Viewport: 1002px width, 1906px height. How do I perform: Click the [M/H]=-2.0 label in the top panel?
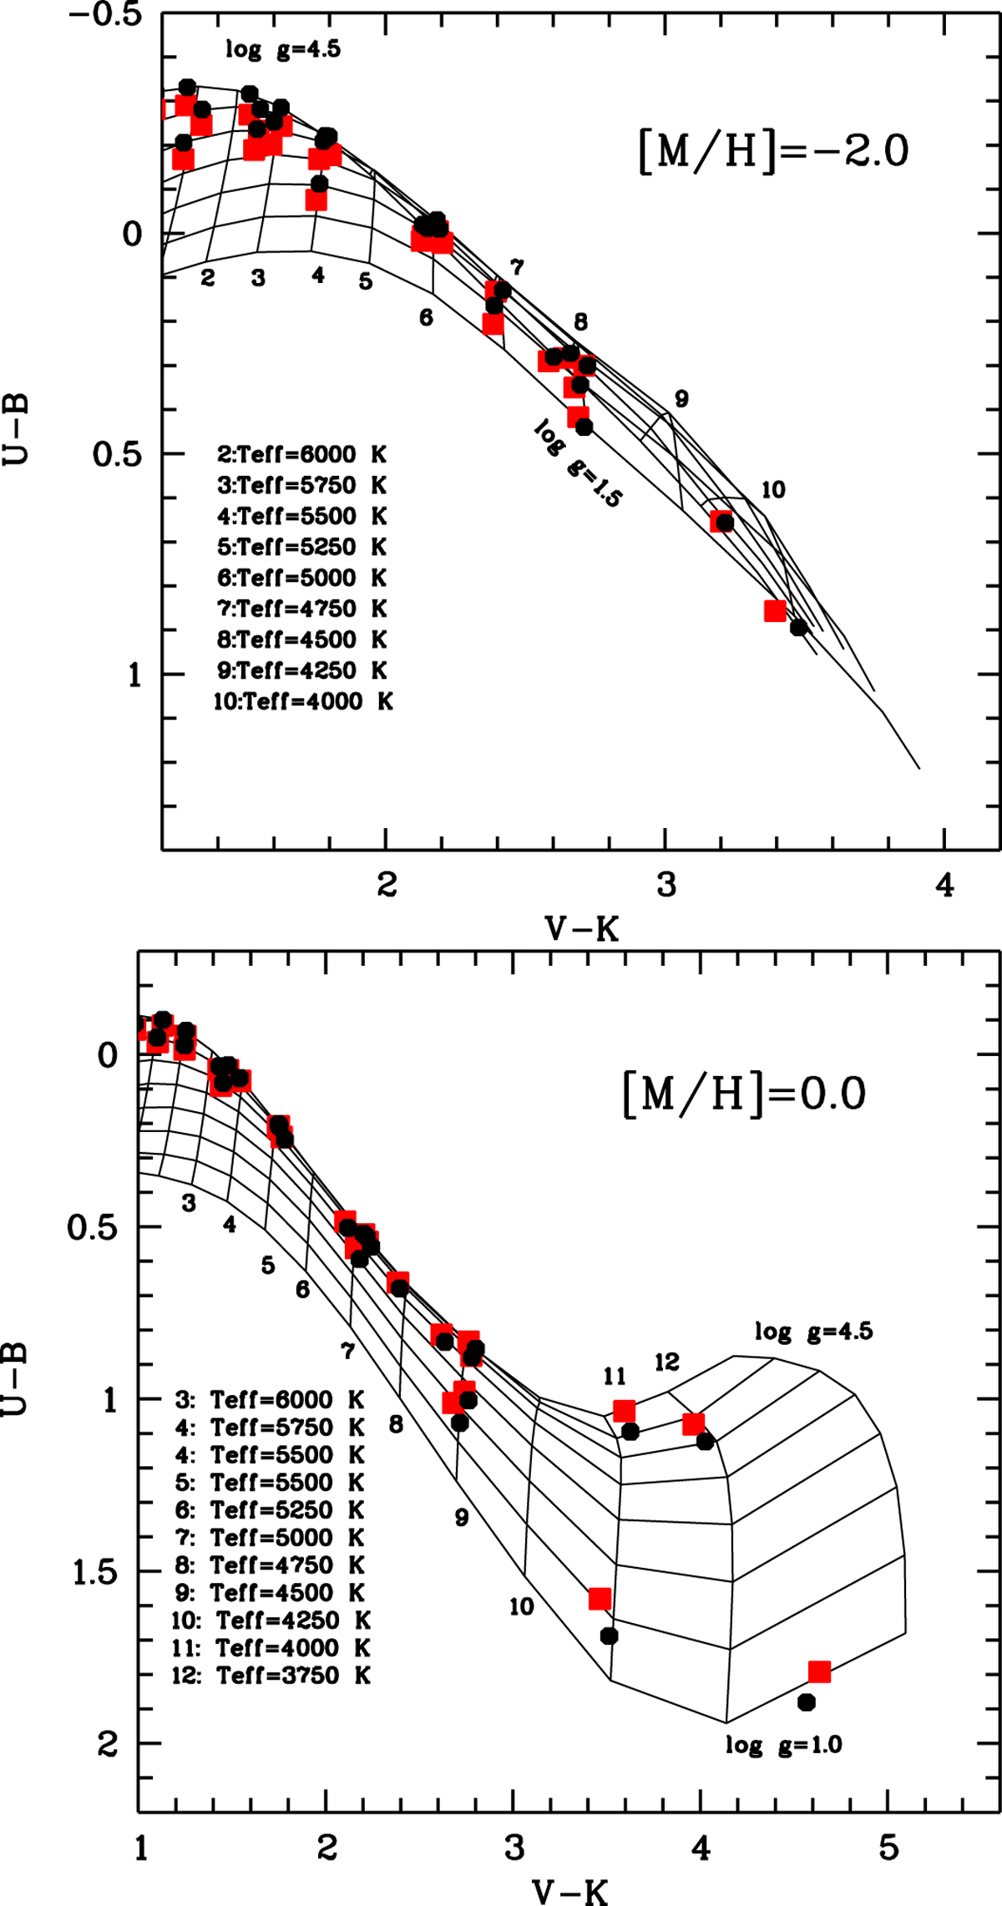pos(773,152)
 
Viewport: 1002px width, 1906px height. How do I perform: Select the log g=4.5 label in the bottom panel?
pos(813,1331)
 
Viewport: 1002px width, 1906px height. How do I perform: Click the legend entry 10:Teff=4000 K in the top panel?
pos(303,701)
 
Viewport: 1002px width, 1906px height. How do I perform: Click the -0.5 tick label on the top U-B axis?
pos(106,17)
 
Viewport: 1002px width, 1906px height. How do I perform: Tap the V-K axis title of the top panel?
pos(582,928)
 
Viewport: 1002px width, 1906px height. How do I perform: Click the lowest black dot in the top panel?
pos(799,627)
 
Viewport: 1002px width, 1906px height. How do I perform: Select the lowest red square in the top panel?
pos(775,610)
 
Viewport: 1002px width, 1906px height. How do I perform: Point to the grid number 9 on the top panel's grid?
pos(681,399)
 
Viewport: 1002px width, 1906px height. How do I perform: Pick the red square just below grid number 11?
pos(624,1411)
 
